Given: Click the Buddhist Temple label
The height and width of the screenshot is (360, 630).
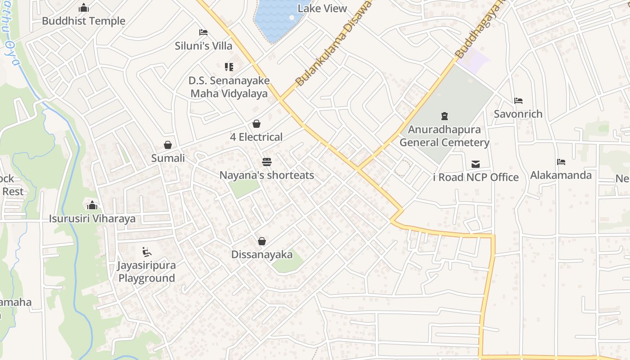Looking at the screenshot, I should (x=84, y=21).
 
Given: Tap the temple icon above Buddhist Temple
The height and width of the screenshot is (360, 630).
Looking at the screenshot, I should (x=84, y=8).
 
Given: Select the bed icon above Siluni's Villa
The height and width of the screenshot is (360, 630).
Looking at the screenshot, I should (x=203, y=32).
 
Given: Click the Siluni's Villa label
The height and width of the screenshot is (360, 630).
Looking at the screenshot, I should (x=203, y=46).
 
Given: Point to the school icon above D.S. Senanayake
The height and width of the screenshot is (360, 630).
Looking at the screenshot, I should (x=229, y=67).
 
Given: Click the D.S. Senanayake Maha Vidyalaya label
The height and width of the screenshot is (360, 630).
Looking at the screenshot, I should (x=229, y=87).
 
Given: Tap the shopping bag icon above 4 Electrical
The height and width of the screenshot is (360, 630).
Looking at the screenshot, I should (x=256, y=124).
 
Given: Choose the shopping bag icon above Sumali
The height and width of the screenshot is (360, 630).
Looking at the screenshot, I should (x=168, y=145).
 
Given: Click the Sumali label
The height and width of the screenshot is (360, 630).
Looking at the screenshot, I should (x=168, y=158).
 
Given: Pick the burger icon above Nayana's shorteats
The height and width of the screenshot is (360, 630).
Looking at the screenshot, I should (x=267, y=162).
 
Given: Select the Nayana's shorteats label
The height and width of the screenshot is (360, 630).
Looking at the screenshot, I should (x=267, y=175).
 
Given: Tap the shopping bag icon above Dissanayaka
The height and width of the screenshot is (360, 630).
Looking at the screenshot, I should (x=262, y=242).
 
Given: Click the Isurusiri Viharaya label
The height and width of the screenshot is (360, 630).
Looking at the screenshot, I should (x=92, y=219).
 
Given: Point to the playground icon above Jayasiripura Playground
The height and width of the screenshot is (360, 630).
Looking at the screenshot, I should (x=146, y=252).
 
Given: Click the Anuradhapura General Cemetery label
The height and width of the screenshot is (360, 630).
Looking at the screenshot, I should (x=444, y=136).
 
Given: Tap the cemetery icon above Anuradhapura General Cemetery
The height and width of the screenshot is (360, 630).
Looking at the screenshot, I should (x=445, y=116).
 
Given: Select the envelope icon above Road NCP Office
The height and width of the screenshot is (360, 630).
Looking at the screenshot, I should (x=476, y=164).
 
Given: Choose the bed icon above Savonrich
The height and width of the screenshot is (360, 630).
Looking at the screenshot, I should (x=518, y=101).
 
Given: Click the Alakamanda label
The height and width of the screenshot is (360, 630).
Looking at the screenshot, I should (x=561, y=175).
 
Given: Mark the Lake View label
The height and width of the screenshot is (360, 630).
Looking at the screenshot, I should (x=323, y=9).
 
